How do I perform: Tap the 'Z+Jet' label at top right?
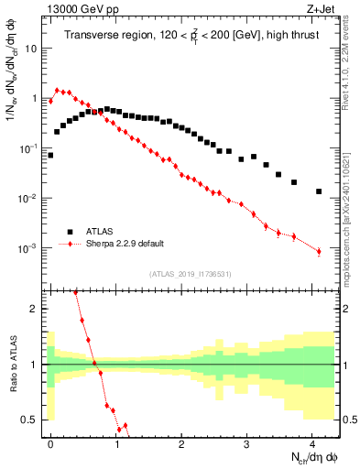322,8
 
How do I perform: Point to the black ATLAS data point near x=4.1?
319,191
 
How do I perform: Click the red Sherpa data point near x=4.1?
319,251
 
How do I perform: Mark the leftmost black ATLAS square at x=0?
50,155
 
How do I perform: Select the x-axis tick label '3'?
246,442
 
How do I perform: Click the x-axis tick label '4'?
312,442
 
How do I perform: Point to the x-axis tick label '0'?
50,442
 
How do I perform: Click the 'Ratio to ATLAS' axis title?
12,364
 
